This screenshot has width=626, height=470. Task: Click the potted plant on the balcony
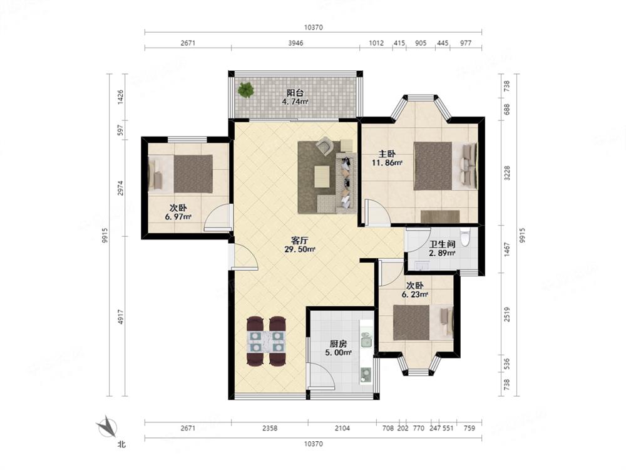coord(246,90)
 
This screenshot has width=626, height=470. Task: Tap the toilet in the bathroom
coord(465,237)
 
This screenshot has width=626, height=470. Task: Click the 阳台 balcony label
coord(295,93)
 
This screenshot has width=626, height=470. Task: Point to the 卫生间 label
coord(442,244)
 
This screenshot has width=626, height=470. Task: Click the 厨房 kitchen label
coord(338,343)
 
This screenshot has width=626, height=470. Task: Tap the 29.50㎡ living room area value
coord(300,249)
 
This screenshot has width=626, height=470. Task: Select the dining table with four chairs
coord(266,342)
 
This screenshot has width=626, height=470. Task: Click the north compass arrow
coord(107,426)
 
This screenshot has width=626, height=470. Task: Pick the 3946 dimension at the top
coord(295,43)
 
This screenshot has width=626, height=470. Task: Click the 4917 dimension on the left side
coord(121,316)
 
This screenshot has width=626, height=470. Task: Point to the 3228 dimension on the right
coord(507,173)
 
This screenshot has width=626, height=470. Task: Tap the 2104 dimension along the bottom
coord(342,428)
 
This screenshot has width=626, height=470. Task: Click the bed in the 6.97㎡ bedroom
coord(180,174)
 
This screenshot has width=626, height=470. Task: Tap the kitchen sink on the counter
coord(366,342)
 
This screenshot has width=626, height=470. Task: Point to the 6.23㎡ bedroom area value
coord(415,295)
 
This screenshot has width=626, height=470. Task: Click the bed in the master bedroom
coord(445,166)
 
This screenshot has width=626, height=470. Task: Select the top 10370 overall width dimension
coord(314,27)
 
